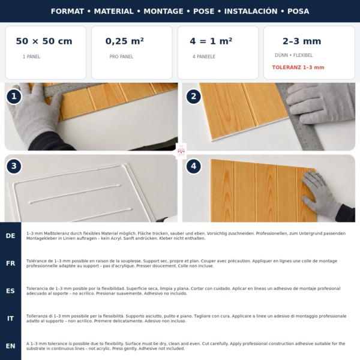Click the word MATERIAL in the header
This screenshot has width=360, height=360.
tap(113, 11)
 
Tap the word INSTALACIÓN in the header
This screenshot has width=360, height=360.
tap(251, 11)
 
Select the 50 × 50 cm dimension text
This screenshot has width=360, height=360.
tap(44, 41)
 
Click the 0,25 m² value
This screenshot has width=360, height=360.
tap(124, 41)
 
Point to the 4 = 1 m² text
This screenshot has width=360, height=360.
tap(211, 41)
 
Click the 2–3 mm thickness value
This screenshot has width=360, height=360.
tap(302, 41)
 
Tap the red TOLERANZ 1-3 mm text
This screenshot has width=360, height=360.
tap(298, 67)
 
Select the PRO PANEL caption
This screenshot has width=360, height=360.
tap(121, 57)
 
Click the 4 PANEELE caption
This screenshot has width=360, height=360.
tap(204, 57)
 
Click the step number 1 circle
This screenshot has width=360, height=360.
tap(14, 97)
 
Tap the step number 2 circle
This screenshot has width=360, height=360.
tap(194, 97)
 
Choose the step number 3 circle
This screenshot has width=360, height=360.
tap(14, 166)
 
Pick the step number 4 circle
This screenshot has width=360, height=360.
tap(194, 166)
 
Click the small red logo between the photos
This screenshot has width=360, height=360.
tap(181, 151)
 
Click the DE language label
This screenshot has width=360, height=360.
tap(11, 236)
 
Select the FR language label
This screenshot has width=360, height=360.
tap(11, 263)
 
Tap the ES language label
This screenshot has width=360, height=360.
tap(11, 291)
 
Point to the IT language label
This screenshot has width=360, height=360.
tap(11, 319)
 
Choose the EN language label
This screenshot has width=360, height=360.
tap(11, 346)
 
